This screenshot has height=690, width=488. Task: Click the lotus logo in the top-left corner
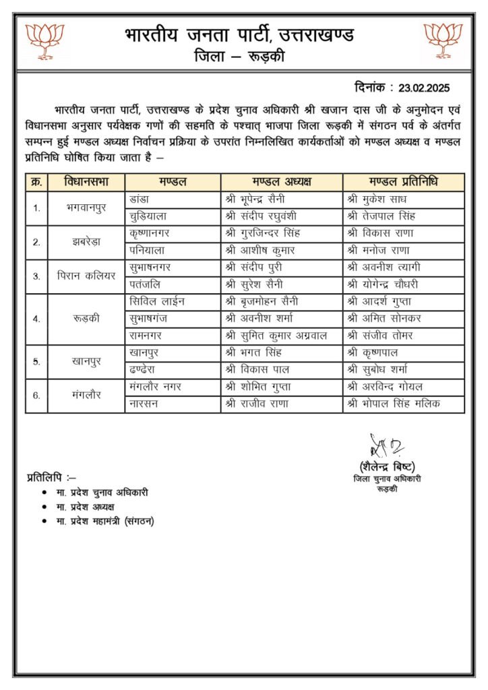(44, 40)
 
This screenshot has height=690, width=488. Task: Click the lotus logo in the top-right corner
(443, 40)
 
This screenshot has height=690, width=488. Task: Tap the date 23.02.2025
(423, 88)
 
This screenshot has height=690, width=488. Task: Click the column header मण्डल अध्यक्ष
(281, 182)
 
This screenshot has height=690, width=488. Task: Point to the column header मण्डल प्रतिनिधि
(403, 182)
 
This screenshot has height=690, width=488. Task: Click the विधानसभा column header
(86, 182)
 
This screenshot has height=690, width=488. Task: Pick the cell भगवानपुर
(86, 208)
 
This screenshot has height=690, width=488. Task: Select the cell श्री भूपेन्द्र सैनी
(259, 199)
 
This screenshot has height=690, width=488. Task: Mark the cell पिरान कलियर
(86, 276)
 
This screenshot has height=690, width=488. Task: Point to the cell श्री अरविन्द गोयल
(386, 387)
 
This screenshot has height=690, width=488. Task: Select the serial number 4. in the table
(36, 318)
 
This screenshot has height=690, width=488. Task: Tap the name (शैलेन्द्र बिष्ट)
(387, 467)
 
